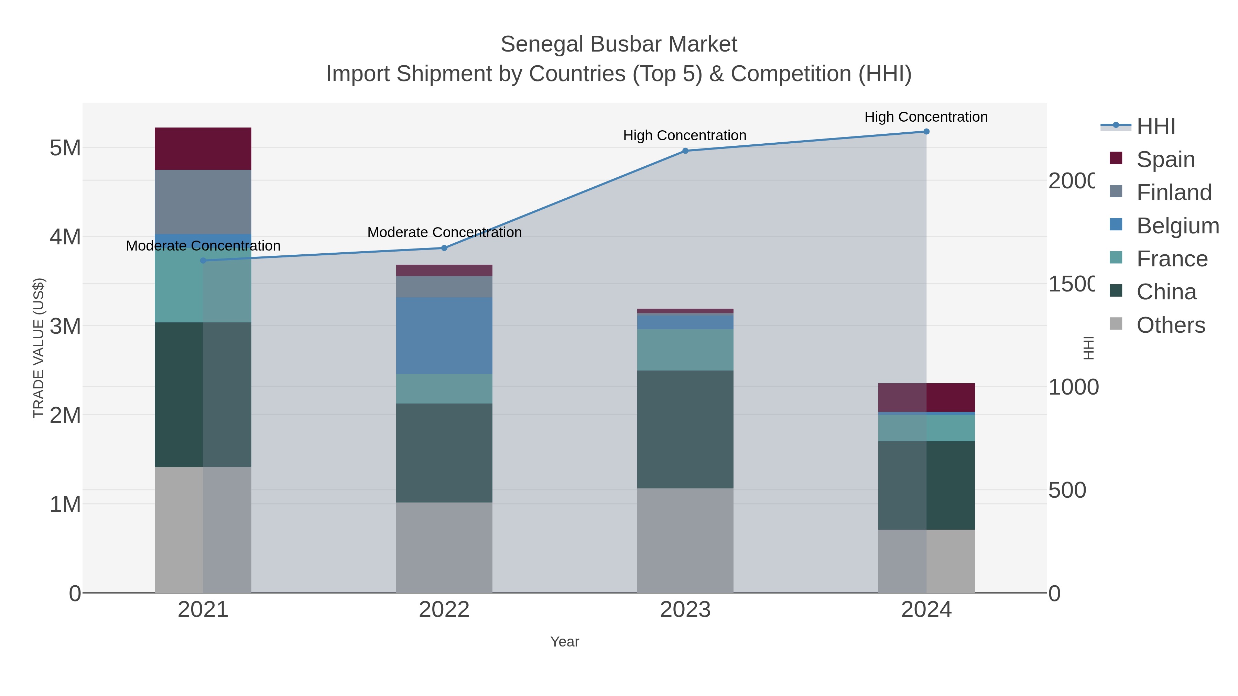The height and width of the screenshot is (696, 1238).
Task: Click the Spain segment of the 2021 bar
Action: pos(203,148)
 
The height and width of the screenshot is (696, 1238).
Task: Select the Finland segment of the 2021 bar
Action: pos(203,202)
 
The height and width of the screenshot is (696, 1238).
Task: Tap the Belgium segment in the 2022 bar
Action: pos(444,335)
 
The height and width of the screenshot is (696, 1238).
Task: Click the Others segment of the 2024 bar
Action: pos(926,561)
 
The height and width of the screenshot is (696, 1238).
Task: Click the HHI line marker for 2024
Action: pos(926,132)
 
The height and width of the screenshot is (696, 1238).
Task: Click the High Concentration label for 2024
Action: pos(926,117)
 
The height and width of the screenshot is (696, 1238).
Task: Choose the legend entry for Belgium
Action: pos(1177,226)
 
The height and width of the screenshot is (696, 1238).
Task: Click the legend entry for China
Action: pos(1166,292)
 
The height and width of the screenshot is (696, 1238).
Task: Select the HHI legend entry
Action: pos(1156,126)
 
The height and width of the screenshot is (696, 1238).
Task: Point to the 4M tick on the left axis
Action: pos(65,237)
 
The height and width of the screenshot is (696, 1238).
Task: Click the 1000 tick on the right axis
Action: pos(1073,387)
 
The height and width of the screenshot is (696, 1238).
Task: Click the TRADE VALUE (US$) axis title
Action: pos(39,348)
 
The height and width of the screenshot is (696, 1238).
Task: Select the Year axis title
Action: pos(565,642)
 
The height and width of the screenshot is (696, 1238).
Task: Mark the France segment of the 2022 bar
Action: pos(444,389)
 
